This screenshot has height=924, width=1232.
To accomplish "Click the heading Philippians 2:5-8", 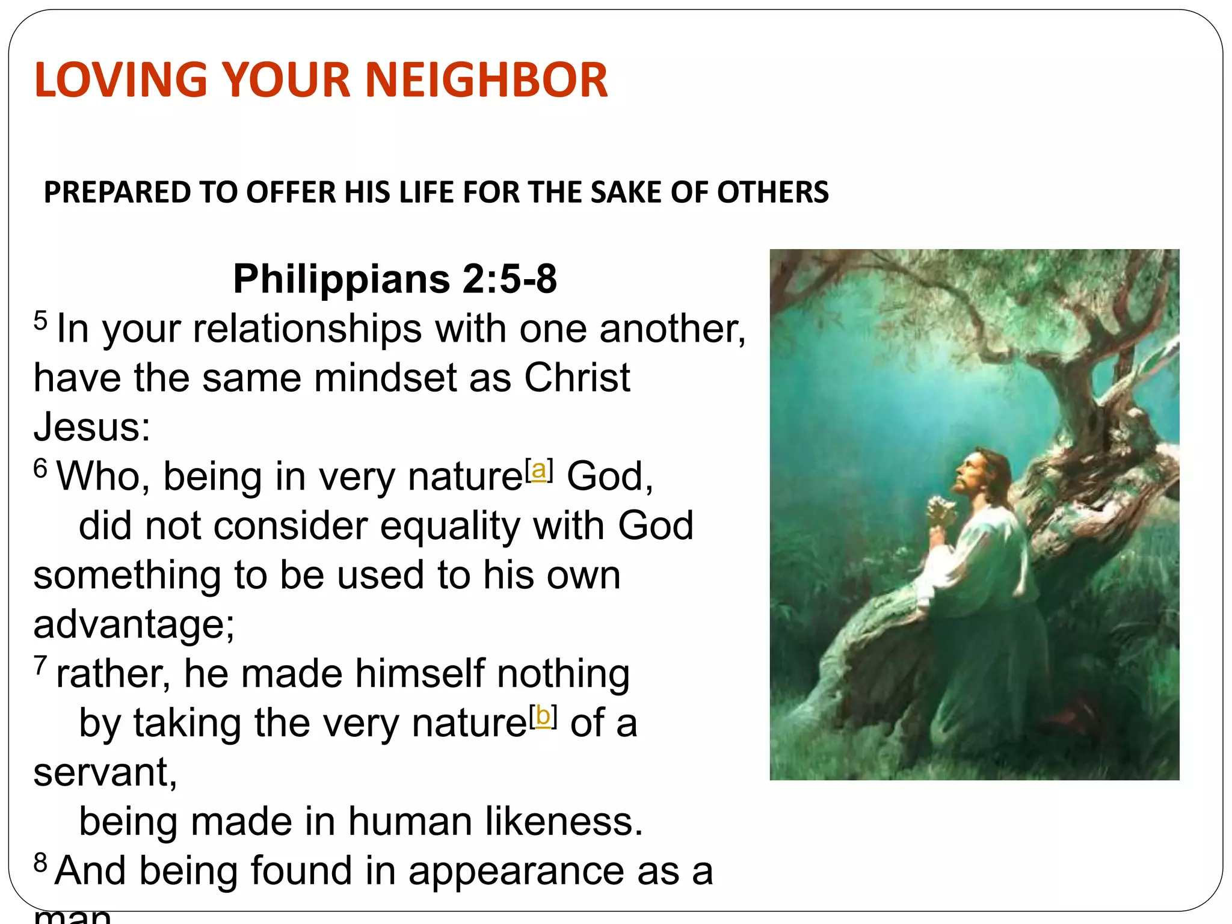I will tap(395, 279).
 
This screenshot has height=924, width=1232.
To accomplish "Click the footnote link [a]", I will tap(539, 470).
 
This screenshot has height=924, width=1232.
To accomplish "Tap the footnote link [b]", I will tap(543, 716).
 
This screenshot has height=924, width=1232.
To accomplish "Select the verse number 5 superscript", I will tap(40, 320).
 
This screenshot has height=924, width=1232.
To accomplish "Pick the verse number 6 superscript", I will tap(40, 468).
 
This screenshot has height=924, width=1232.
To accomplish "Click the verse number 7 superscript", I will tap(40, 665).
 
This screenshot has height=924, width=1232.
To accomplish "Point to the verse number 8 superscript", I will tap(40, 863).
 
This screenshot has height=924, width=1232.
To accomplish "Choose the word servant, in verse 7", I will tap(105, 772).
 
